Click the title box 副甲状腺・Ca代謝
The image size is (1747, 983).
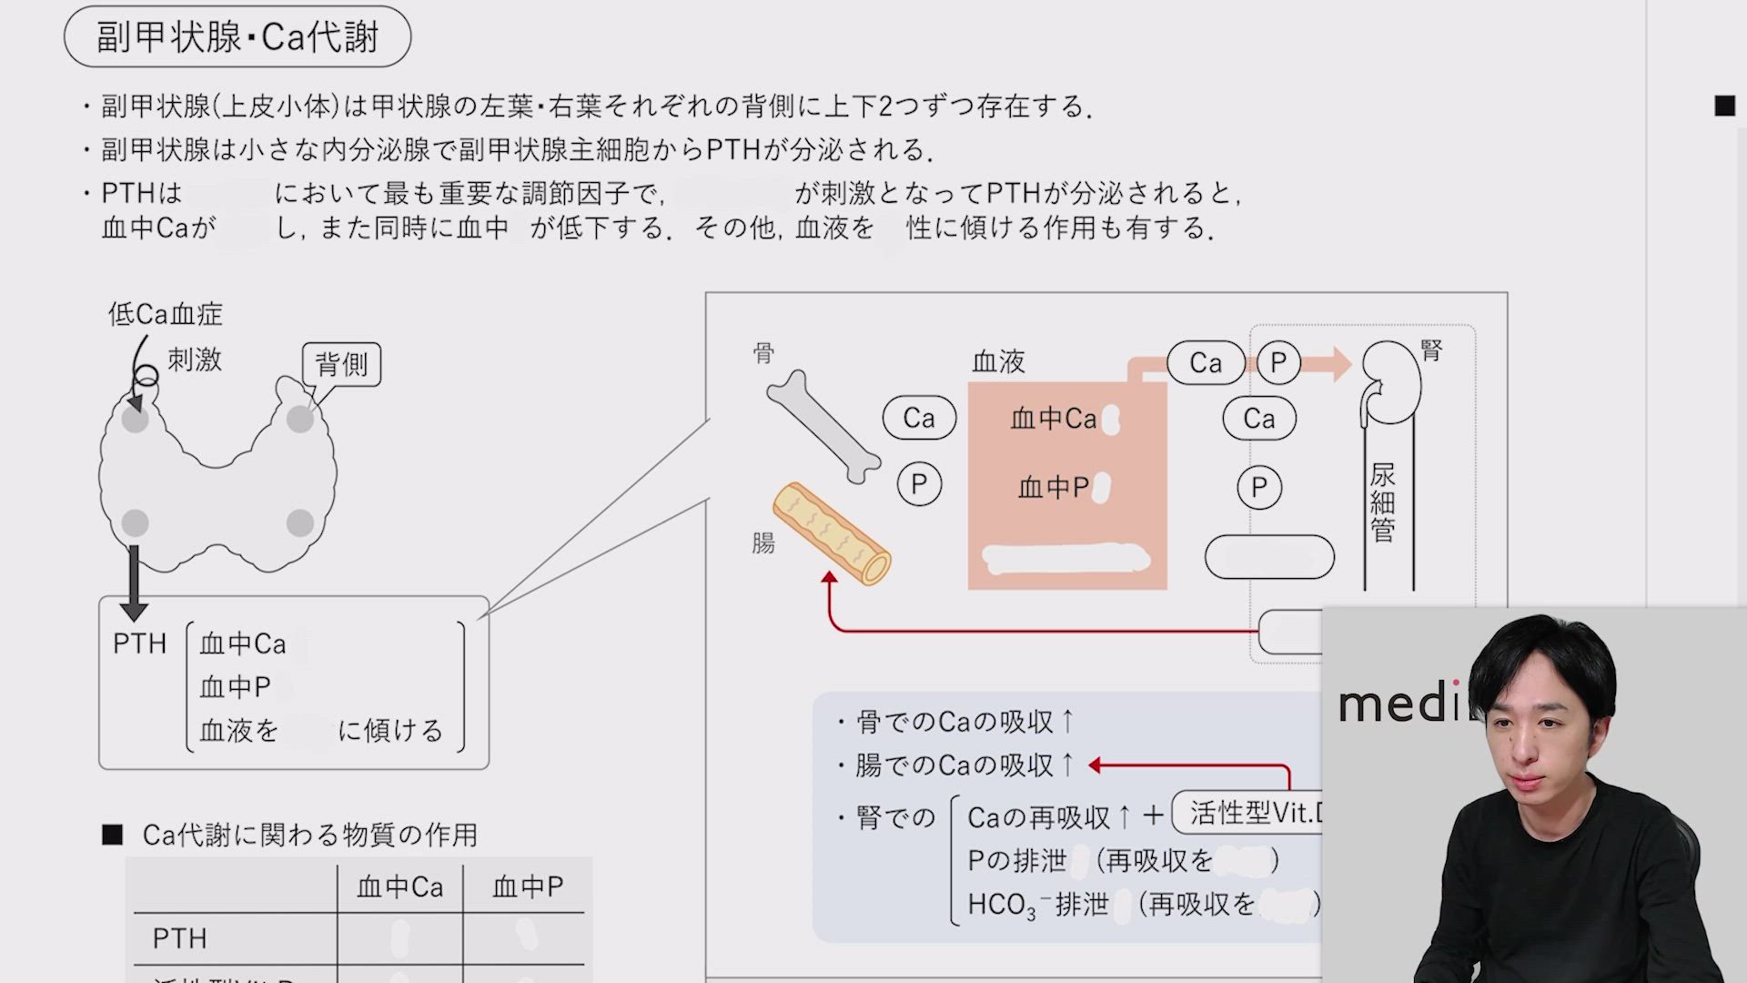pos(237,37)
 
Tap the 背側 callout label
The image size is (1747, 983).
pos(341,364)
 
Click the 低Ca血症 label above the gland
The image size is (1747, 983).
pos(165,314)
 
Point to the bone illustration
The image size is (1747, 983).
pos(823,426)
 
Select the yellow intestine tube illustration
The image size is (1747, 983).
pos(832,533)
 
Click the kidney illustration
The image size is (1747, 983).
pos(1391,382)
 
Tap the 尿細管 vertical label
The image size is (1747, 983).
pos(1382,502)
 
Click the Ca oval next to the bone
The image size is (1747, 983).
pos(919,418)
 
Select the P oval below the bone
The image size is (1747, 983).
pos(919,484)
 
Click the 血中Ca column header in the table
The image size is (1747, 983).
pos(399,887)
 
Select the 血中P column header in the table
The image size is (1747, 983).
pos(528,887)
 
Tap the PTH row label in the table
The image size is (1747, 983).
pos(179,938)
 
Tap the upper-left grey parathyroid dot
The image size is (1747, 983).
pos(136,420)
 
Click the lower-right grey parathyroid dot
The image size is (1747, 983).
pos(300,523)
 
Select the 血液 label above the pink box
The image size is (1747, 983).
pos(998,362)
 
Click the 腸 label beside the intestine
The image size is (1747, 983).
pos(763,543)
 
